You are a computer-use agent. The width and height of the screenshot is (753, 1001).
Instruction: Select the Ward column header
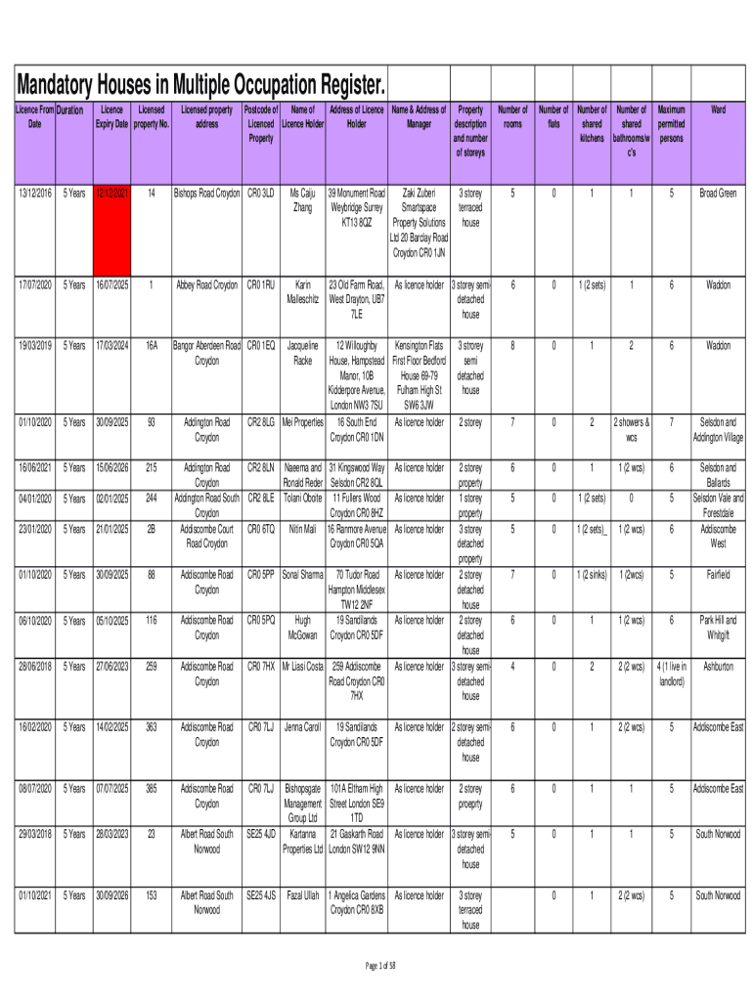(719, 110)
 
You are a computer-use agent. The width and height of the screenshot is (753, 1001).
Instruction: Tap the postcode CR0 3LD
(260, 193)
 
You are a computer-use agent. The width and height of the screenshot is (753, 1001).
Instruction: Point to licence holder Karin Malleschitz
(303, 291)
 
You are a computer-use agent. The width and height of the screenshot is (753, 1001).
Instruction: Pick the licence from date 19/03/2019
(34, 345)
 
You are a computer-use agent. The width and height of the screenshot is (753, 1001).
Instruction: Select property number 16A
(151, 345)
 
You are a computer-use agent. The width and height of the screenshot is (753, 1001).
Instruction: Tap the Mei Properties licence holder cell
(303, 422)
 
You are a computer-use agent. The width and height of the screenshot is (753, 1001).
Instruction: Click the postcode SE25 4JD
(260, 834)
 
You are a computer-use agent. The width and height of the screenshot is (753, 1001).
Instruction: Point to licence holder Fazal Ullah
(303, 894)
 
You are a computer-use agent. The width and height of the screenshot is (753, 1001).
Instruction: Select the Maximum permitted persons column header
(672, 124)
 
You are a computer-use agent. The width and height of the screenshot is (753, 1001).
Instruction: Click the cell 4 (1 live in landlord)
(672, 674)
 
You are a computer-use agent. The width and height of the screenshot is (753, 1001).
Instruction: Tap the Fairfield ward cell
(719, 575)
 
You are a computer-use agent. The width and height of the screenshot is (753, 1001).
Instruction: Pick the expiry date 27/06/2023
(112, 667)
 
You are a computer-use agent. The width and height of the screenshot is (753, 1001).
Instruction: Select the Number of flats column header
(554, 117)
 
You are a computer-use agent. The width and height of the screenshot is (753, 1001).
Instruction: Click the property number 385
(151, 788)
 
